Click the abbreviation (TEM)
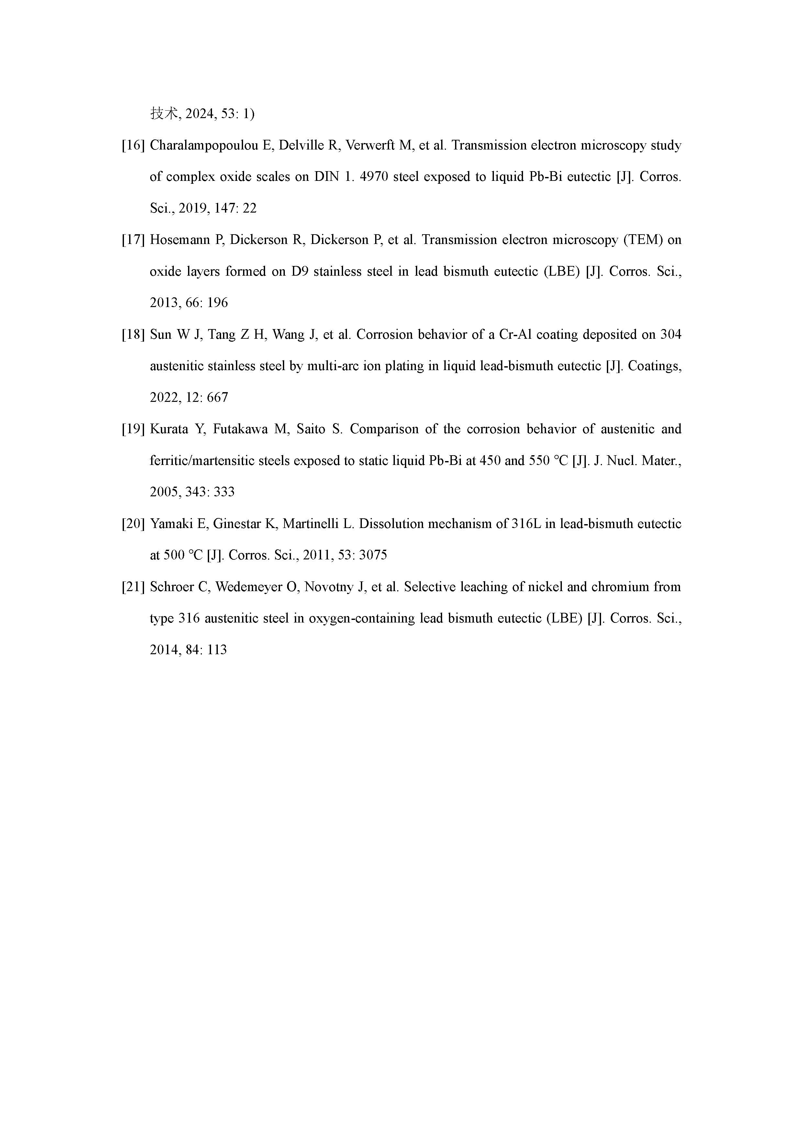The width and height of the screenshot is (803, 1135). [642, 240]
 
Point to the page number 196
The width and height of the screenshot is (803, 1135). [217, 303]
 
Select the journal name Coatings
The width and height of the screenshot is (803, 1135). [654, 366]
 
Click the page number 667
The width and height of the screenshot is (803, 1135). [217, 397]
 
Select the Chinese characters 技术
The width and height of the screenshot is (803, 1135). [164, 114]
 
